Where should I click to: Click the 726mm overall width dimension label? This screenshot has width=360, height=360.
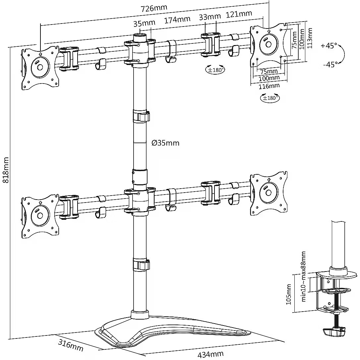(154, 8)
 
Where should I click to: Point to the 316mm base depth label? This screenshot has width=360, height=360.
(71, 345)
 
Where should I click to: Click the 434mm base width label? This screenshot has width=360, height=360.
(210, 354)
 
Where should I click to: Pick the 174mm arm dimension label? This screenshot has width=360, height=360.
(177, 19)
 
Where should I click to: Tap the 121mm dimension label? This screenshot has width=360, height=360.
(239, 14)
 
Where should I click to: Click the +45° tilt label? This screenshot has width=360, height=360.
(329, 46)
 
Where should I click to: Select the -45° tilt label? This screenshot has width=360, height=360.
(330, 64)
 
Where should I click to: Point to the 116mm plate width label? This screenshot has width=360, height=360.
(269, 86)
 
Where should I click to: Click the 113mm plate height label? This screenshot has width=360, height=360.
(310, 38)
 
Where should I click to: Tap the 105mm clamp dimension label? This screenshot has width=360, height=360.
(288, 294)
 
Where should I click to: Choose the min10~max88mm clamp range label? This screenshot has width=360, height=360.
(303, 276)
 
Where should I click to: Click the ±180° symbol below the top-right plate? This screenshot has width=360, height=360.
(270, 98)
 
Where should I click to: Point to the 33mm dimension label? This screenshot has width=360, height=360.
(210, 17)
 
